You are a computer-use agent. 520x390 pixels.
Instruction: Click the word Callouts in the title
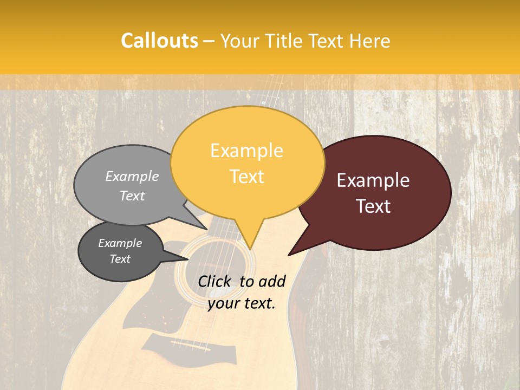159,41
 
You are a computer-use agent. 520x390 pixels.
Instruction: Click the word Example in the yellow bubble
246,151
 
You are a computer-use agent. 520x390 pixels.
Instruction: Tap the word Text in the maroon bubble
373,206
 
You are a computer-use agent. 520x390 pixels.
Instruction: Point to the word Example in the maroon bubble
373,180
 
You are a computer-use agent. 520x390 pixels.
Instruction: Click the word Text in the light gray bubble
132,196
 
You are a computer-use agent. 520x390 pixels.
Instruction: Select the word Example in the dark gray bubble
120,243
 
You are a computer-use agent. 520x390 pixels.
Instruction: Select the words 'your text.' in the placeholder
242,303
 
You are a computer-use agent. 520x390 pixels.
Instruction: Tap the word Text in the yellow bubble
246,177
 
